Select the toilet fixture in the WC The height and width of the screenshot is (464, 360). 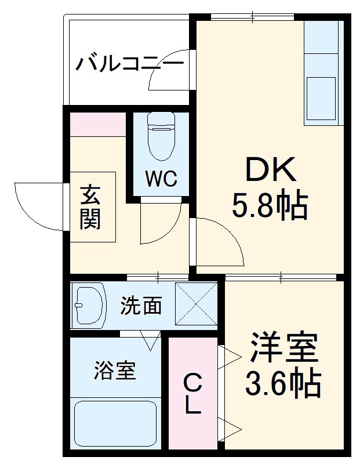[x=161, y=136]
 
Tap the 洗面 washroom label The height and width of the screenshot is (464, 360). [x=141, y=305]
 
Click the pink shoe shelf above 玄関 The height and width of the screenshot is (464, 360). [x=98, y=124]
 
